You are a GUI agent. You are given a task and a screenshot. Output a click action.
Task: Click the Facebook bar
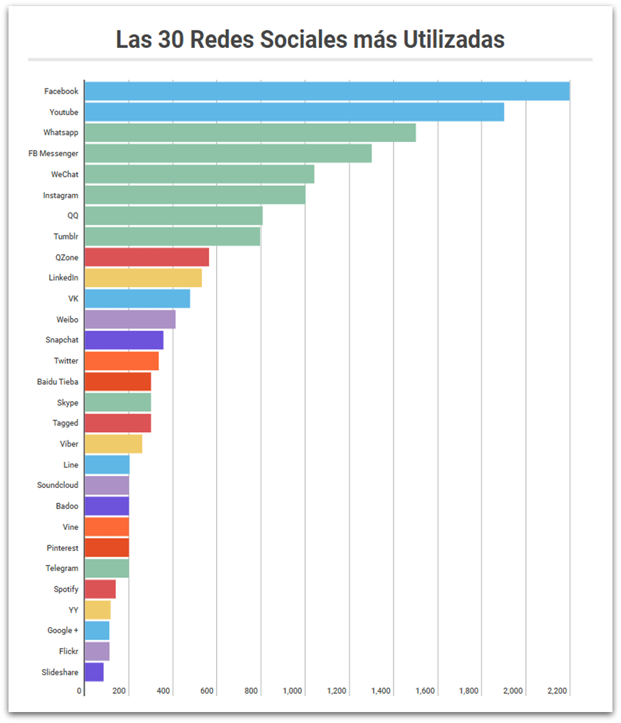coord(327,91)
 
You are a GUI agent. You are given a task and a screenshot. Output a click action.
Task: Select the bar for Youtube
coord(294,112)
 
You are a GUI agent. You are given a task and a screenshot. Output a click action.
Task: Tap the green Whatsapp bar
coord(249,133)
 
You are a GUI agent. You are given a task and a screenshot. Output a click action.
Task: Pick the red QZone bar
coord(146,257)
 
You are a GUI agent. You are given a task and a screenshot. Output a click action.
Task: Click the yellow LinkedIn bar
coord(143,278)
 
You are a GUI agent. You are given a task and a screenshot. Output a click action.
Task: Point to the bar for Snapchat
coord(124,340)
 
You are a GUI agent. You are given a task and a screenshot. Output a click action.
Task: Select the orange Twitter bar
coord(121,361)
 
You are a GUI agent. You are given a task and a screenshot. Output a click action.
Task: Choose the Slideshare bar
coord(94,672)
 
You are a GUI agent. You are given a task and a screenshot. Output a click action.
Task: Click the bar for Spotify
coord(100,589)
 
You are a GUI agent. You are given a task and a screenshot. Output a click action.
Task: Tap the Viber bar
coord(113,444)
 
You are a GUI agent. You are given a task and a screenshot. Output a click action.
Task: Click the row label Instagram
coord(61,196)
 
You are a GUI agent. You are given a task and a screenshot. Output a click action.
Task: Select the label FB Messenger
coord(53,154)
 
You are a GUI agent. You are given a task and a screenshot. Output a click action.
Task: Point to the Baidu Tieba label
coord(58,382)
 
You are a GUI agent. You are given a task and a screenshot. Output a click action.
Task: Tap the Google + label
coord(63,631)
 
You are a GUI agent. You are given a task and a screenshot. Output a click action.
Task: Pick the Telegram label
coord(62,568)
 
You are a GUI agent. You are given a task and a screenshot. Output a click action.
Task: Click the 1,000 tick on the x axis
coord(293,691)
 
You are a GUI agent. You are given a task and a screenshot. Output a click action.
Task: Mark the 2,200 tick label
coord(557,691)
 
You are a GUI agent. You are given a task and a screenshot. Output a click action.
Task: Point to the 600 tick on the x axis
coord(207,691)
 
